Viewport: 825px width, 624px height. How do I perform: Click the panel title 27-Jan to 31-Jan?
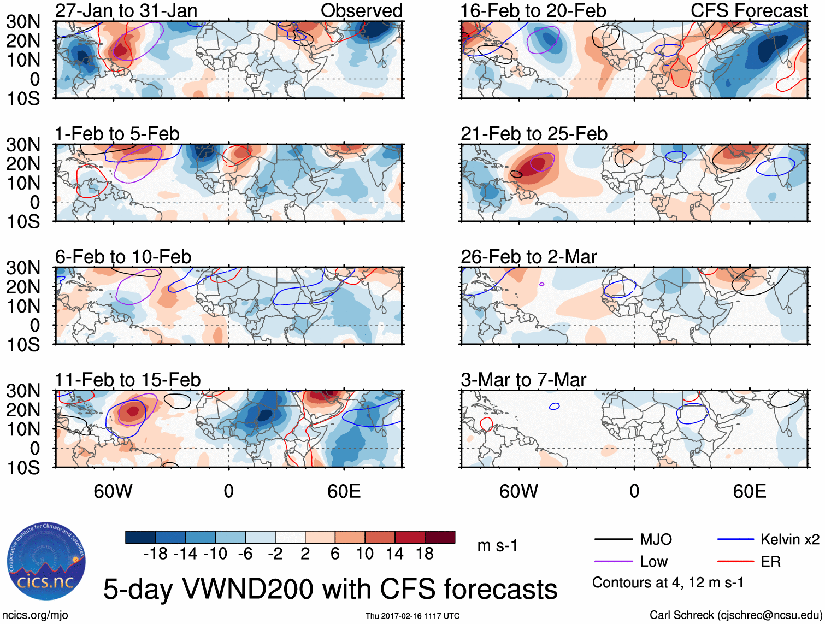126,10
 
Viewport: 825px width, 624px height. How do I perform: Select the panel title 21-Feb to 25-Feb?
534,134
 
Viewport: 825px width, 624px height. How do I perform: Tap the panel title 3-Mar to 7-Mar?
523,380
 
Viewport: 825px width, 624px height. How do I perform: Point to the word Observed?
361,10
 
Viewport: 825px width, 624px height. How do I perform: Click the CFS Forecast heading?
749,10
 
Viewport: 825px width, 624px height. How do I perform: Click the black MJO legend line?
614,540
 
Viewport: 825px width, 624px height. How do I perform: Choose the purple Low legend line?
614,562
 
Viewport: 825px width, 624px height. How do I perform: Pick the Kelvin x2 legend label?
789,540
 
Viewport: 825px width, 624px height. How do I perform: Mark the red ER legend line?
735,562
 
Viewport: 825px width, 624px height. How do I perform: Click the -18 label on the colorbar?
155,554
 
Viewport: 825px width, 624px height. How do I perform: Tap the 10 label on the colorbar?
365,554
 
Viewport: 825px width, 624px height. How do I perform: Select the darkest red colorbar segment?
440,537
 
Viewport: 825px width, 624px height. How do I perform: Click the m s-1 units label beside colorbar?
497,546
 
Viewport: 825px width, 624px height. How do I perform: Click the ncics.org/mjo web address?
35,615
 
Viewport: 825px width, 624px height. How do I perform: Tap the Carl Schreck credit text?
735,615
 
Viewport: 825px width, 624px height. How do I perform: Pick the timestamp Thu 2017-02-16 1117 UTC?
412,616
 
